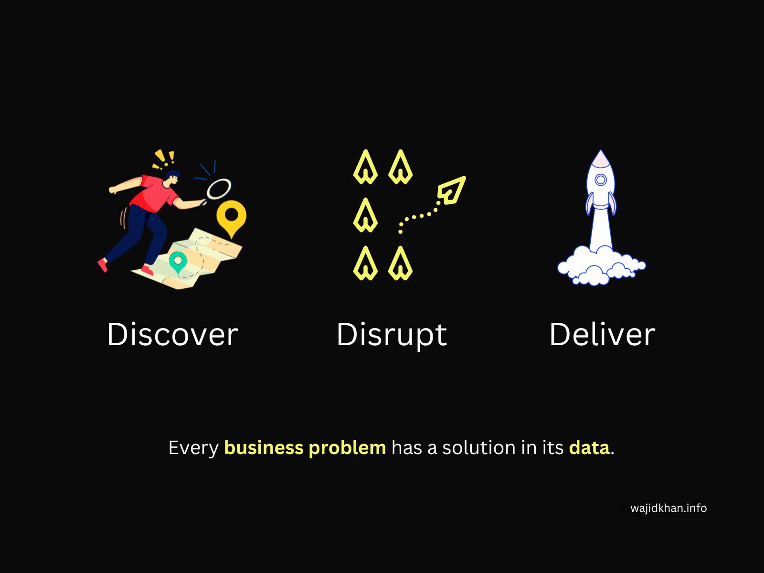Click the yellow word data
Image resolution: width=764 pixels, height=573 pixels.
[589, 447]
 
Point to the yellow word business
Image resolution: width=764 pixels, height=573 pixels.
[264, 447]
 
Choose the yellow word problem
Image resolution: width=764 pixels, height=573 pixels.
[347, 448]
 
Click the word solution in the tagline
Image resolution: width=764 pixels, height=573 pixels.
[478, 447]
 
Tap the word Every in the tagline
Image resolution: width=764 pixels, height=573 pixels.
[193, 448]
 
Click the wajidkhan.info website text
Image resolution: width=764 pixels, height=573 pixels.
[668, 508]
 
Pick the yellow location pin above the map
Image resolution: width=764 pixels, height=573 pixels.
[232, 219]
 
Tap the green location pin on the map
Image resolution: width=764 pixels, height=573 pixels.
[178, 262]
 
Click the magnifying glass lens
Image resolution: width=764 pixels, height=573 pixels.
[219, 189]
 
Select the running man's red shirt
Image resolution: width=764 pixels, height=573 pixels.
[153, 193]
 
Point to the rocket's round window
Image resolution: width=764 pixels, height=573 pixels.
[601, 180]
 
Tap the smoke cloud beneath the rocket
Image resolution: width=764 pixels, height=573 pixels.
[602, 265]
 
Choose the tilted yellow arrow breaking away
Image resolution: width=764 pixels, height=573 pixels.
[451, 191]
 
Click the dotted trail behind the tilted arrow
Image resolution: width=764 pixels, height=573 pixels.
[418, 216]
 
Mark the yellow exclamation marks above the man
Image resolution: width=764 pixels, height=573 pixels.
[163, 159]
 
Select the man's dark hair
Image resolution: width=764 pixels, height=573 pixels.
[173, 174]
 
